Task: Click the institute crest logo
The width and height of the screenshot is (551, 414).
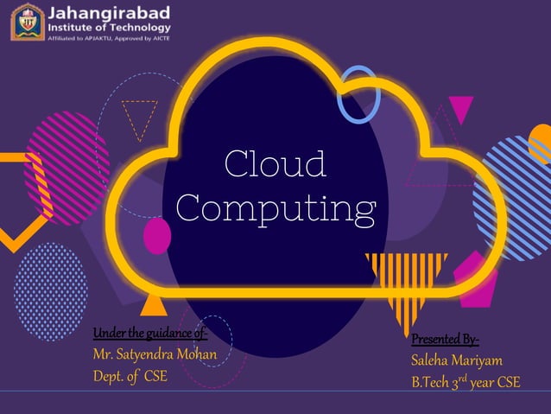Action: click(x=26, y=22)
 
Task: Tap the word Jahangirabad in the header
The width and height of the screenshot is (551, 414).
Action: click(x=109, y=13)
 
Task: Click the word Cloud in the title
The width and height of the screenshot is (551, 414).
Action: click(x=275, y=164)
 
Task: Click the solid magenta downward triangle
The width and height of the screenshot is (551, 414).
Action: click(x=461, y=108)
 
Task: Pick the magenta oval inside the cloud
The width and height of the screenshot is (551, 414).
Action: click(x=156, y=236)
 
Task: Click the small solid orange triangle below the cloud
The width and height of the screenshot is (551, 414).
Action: click(x=153, y=303)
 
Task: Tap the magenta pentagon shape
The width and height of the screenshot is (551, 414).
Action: click(x=475, y=277)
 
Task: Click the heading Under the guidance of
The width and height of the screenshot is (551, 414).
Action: click(x=150, y=334)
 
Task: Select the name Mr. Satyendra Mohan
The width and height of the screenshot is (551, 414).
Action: click(x=154, y=354)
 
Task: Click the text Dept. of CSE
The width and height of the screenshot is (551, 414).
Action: click(x=130, y=376)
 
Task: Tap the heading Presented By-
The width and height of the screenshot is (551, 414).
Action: click(x=446, y=338)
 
